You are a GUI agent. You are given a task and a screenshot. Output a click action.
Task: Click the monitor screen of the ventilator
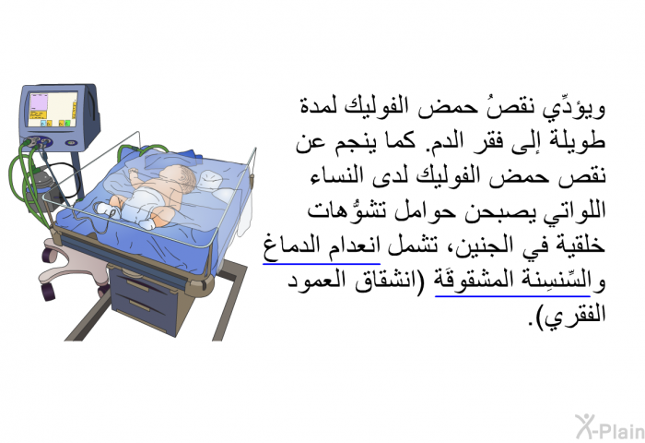point(53,109)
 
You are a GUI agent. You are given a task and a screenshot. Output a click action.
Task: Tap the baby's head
point(179,179)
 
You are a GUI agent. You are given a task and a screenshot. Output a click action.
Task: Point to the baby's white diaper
point(140,205)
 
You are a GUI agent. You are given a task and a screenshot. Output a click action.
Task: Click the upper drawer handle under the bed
point(137,285)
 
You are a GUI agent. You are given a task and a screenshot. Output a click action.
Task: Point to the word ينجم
point(346,142)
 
